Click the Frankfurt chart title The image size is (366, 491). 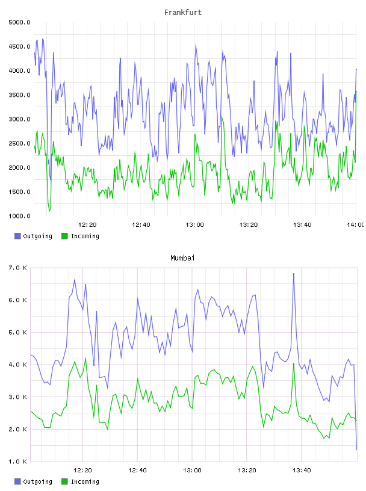[x=183, y=12]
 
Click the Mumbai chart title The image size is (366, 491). [x=182, y=258]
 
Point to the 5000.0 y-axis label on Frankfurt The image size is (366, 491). [x=19, y=22]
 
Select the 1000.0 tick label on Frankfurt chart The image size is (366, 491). [x=19, y=216]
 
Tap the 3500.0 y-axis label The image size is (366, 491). [x=19, y=95]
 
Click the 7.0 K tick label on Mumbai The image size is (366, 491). [x=18, y=268]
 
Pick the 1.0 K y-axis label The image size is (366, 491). [x=18, y=462]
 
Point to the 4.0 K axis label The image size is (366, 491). [x=18, y=365]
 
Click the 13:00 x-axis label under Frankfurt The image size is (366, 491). [x=194, y=224]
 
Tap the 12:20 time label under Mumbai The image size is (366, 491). [x=82, y=470]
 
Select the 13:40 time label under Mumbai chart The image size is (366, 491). [x=302, y=470]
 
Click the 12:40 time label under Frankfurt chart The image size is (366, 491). [x=141, y=224]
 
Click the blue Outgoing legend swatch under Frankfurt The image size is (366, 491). [x=17, y=236]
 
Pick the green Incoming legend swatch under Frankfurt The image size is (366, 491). [x=64, y=236]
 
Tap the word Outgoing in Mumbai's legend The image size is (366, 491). [x=37, y=481]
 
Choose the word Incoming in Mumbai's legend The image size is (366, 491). [x=85, y=481]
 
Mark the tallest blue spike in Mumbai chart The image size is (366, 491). [x=294, y=274]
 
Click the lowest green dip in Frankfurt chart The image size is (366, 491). [x=49, y=211]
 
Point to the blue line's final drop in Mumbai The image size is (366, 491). [x=355, y=407]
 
